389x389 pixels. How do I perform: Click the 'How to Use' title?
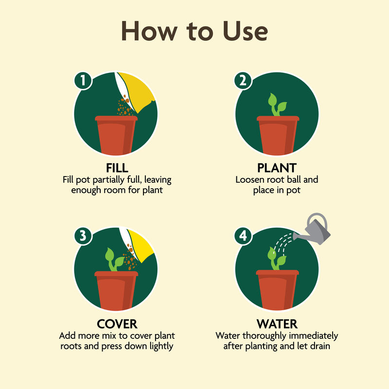[x=194, y=31]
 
